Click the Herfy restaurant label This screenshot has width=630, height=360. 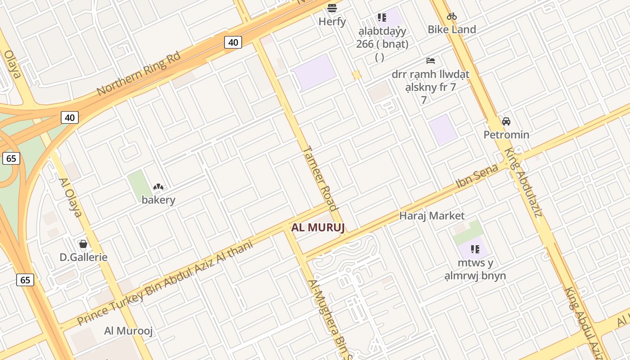point(332,22)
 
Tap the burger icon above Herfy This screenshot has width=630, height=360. point(332,8)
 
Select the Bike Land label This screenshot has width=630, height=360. point(451,30)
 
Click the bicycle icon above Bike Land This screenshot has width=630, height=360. point(451,17)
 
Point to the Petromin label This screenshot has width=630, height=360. point(506,135)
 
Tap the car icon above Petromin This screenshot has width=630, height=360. point(506,121)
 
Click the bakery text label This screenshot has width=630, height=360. point(158,200)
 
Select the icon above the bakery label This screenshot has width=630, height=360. point(158,187)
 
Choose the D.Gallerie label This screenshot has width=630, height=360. point(84,257)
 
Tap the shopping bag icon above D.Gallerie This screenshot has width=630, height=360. point(83,244)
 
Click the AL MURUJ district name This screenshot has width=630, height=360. point(318,227)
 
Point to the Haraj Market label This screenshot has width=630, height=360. point(432,216)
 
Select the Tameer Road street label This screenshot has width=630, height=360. point(320,178)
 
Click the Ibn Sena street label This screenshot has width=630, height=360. point(477,176)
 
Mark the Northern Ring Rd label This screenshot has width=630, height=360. point(139,73)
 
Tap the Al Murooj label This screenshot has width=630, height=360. point(128,331)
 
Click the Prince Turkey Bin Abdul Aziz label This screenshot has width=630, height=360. point(165,282)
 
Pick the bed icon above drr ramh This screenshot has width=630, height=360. point(431,60)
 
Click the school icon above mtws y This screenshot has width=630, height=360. point(475,249)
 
